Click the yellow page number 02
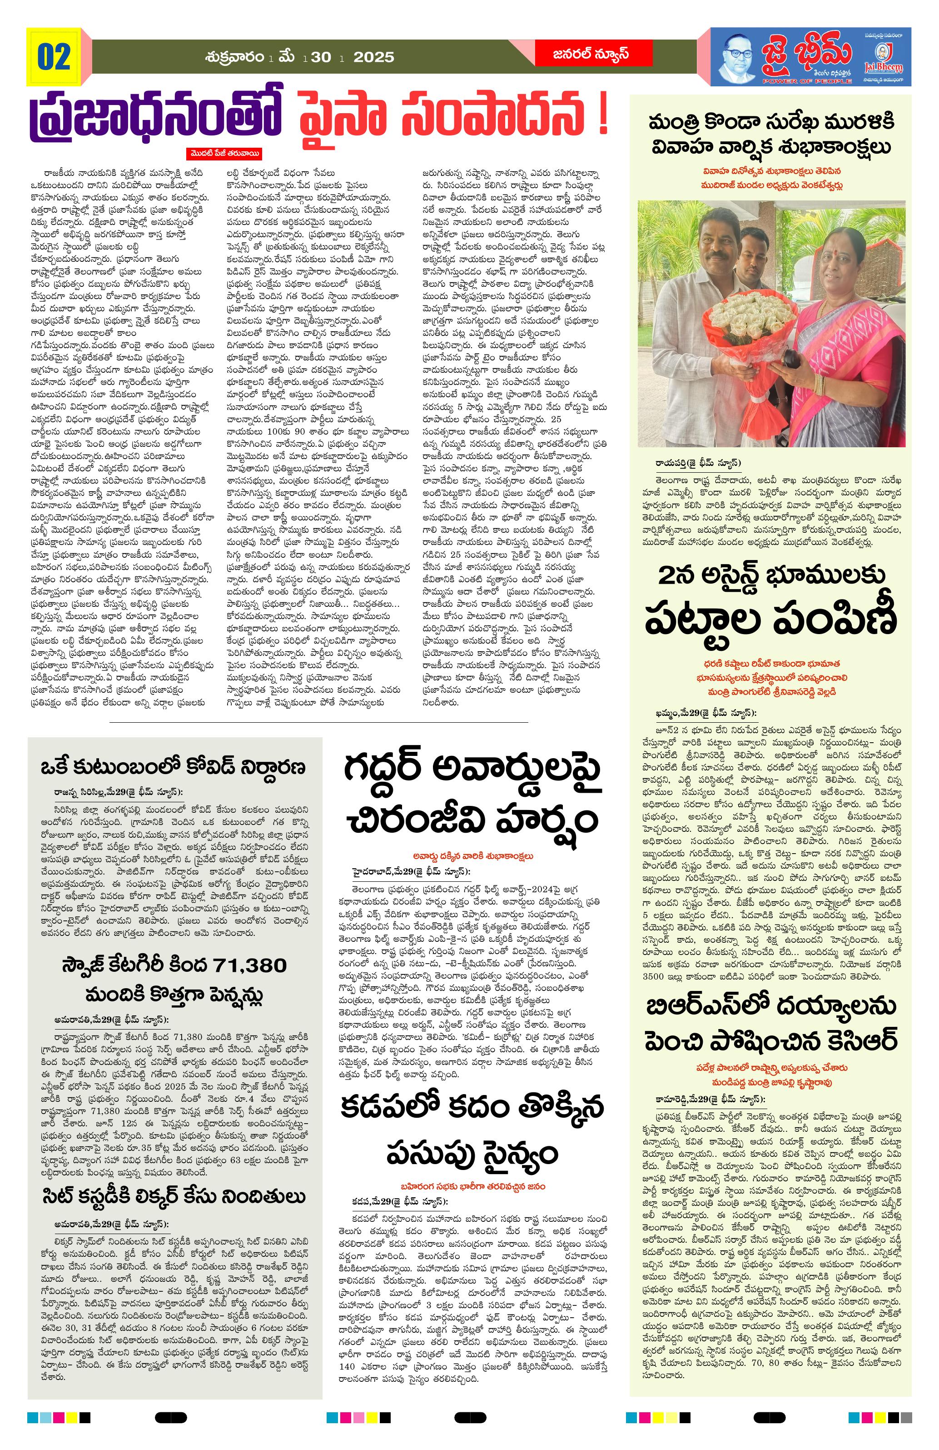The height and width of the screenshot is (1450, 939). tap(54, 57)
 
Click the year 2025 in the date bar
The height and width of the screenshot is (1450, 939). tap(373, 57)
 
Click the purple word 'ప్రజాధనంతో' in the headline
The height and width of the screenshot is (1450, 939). tap(156, 115)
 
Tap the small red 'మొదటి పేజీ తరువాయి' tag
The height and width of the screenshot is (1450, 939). tap(224, 154)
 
